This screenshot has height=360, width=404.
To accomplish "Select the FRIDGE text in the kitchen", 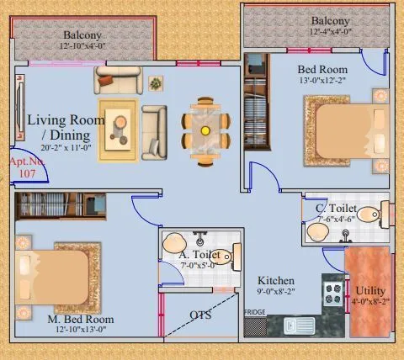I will (x=255, y=313).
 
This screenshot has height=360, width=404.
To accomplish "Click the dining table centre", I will (x=205, y=130).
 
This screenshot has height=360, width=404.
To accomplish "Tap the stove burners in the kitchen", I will (x=333, y=293).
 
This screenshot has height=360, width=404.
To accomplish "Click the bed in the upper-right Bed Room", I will (x=342, y=130).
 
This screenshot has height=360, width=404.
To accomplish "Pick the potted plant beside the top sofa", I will (x=157, y=83).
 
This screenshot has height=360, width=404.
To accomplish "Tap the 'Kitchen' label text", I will (x=276, y=280).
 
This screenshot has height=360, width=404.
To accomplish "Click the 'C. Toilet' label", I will (x=336, y=208).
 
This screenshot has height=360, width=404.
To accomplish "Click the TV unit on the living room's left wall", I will (x=18, y=109).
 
